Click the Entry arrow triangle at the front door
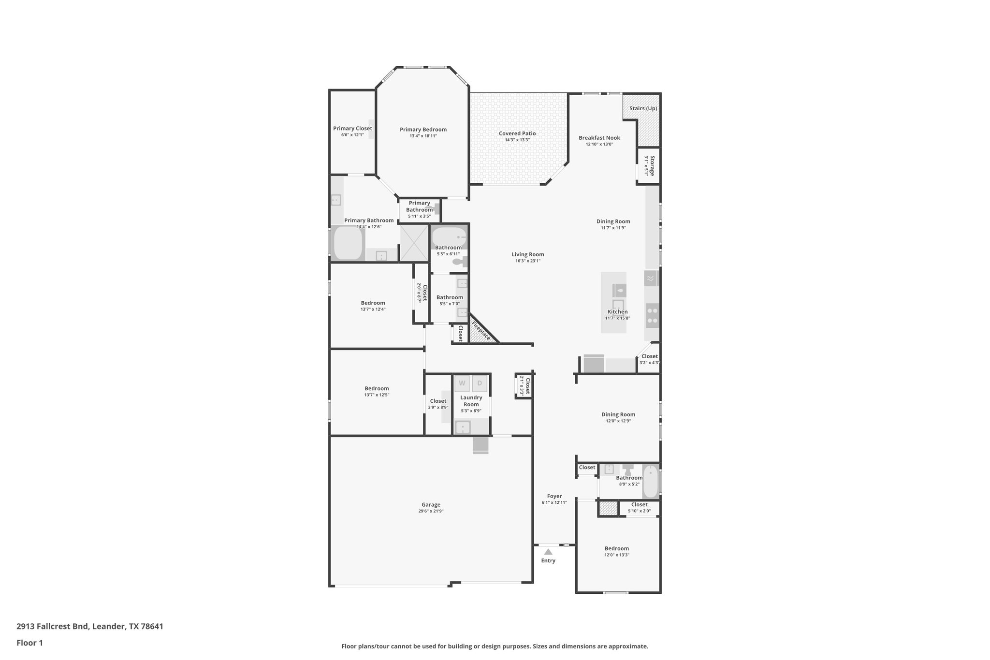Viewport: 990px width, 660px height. click(548, 551)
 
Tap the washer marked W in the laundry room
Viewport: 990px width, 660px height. click(462, 383)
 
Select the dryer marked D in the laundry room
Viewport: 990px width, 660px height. click(480, 383)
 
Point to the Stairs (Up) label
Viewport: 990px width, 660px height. click(643, 108)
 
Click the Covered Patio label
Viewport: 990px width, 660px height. click(517, 133)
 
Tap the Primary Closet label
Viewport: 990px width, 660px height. click(352, 129)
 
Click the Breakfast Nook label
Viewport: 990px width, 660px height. click(599, 138)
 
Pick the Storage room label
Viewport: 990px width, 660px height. click(652, 165)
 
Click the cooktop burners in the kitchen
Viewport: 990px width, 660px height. click(652, 315)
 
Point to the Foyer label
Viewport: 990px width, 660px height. click(554, 496)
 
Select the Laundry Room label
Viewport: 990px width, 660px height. click(471, 401)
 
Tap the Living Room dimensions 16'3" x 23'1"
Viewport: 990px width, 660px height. click(528, 261)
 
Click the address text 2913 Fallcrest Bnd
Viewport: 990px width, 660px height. click(53, 627)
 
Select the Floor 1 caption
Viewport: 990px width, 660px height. click(29, 643)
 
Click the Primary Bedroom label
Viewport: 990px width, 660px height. click(423, 130)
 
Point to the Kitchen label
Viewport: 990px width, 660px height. click(617, 312)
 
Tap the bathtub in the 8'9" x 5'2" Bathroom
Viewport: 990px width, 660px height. click(651, 481)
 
